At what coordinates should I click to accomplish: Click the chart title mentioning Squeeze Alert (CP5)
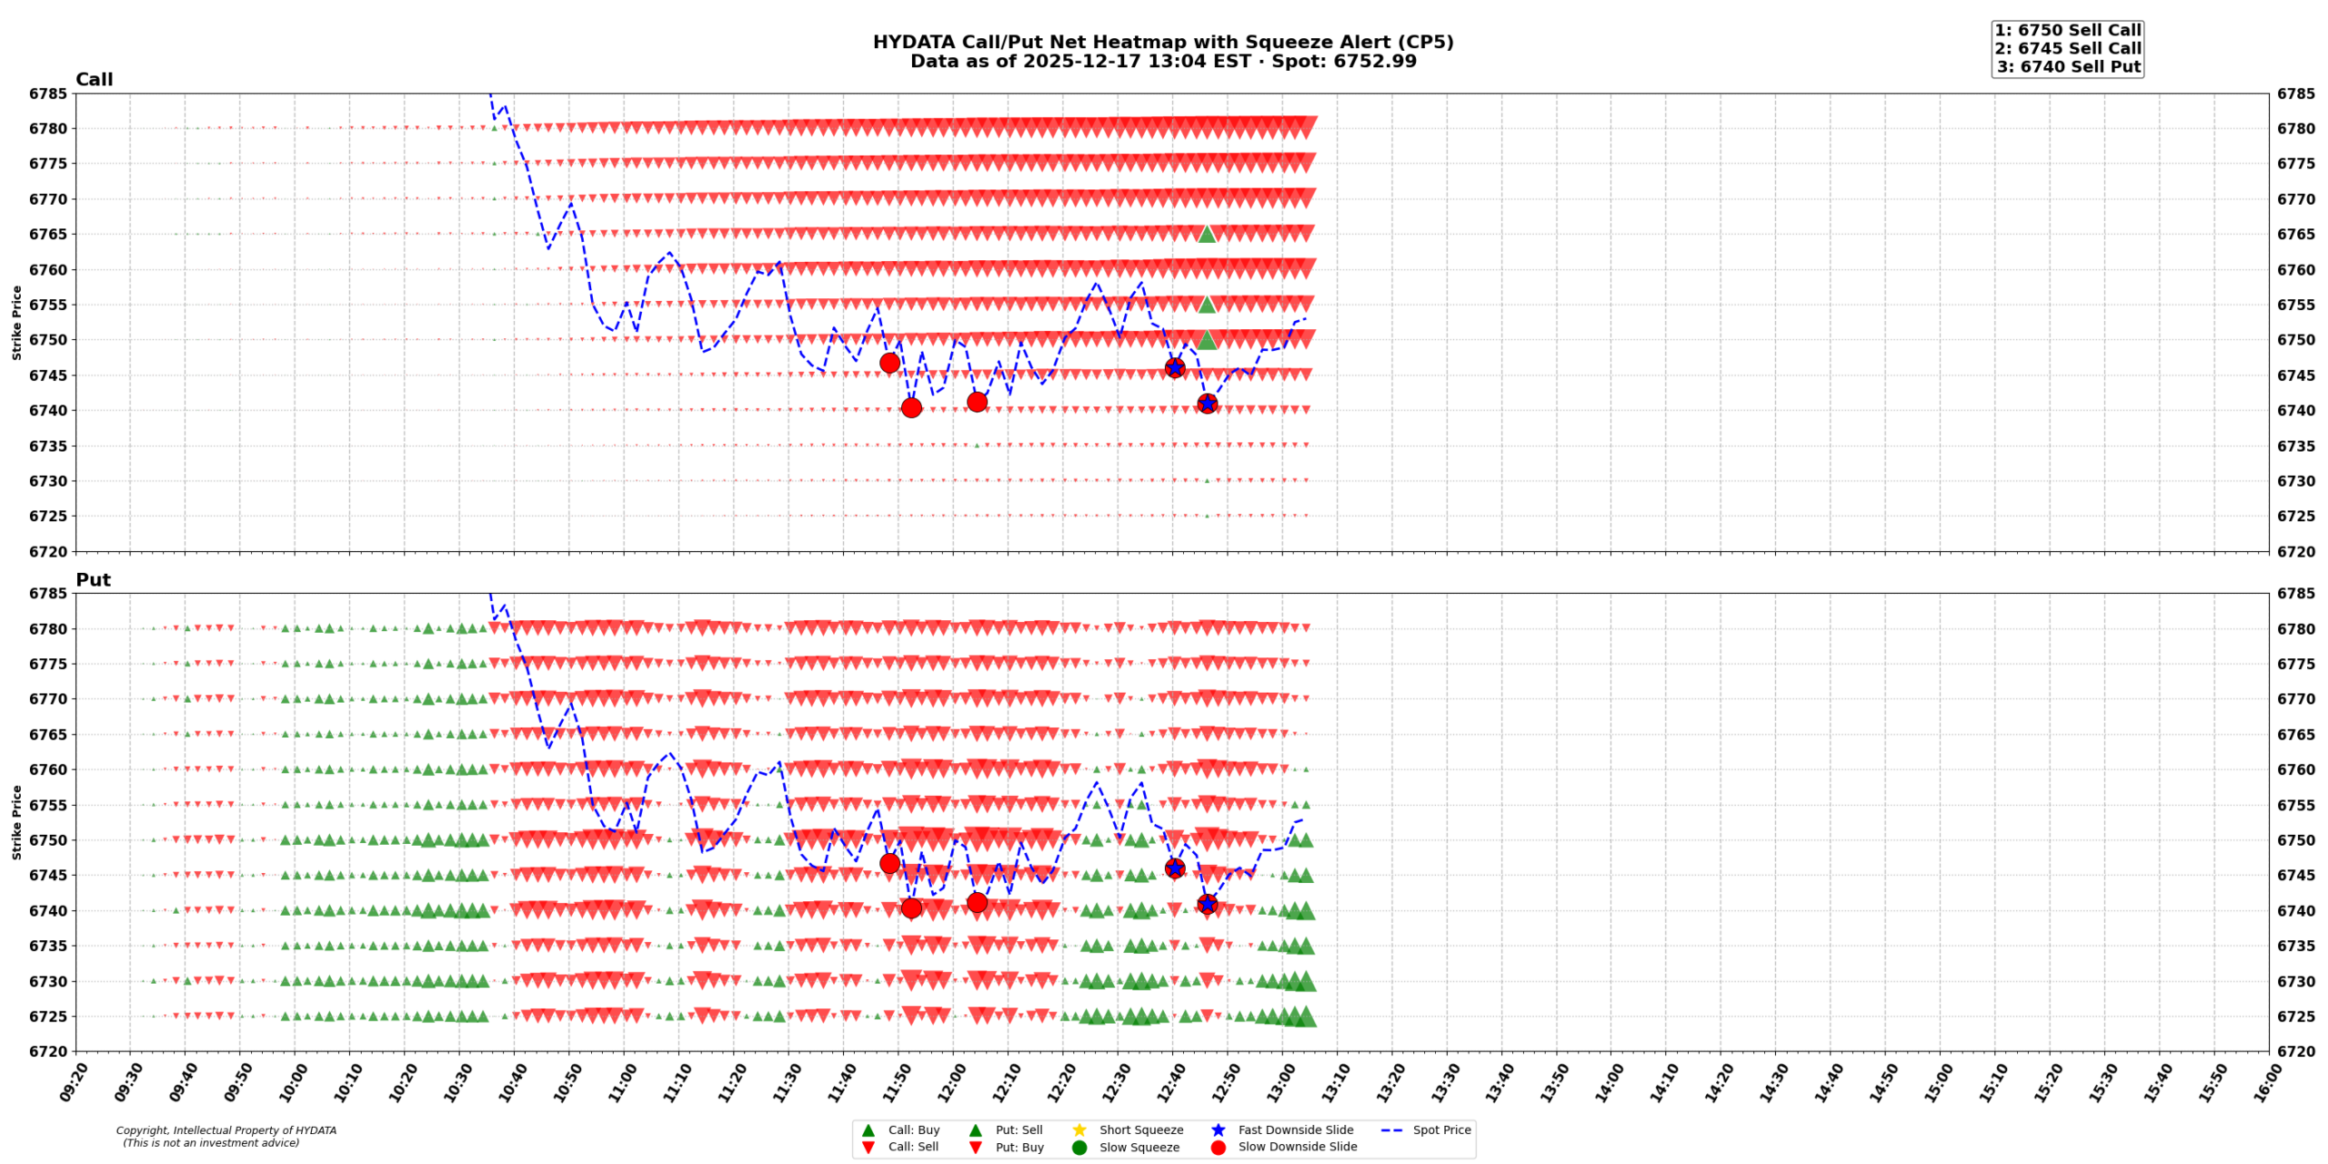point(1162,42)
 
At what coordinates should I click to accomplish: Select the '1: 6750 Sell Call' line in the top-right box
point(2067,30)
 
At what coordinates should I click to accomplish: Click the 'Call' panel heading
point(94,80)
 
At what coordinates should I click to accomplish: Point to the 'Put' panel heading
point(93,580)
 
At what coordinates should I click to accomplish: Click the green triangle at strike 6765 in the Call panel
point(1207,235)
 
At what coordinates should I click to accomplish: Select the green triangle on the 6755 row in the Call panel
point(1207,305)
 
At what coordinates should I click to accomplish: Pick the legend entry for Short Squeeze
point(1140,1129)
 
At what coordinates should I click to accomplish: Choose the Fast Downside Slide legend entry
point(1295,1129)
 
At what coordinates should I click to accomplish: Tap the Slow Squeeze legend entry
point(1139,1148)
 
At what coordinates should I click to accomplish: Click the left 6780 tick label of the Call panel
point(48,129)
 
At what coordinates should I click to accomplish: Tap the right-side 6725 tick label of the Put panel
point(2296,1017)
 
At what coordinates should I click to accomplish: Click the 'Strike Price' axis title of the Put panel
point(16,822)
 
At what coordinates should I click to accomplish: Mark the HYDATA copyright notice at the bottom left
point(226,1137)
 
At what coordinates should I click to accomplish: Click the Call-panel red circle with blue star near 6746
point(1175,368)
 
